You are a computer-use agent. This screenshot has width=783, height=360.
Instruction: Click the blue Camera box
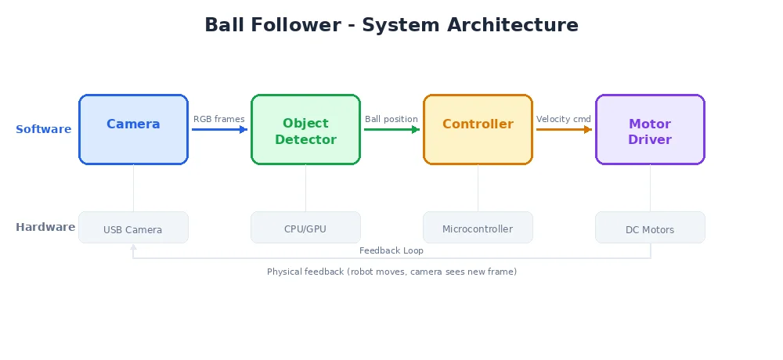(x=133, y=129)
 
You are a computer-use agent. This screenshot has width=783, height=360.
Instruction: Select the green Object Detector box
(x=305, y=130)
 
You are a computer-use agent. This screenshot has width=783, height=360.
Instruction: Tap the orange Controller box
(x=478, y=129)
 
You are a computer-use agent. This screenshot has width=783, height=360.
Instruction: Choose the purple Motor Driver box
(x=650, y=130)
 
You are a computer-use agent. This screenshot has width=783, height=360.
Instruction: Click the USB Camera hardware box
(x=133, y=228)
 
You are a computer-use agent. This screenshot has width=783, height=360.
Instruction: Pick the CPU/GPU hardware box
(x=305, y=228)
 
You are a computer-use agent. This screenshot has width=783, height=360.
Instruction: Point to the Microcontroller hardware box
(x=478, y=228)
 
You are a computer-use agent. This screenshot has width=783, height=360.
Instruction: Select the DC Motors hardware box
(x=650, y=228)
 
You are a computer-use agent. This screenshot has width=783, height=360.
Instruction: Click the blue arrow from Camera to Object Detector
(x=219, y=130)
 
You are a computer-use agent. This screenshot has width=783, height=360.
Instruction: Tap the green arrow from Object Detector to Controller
(x=391, y=130)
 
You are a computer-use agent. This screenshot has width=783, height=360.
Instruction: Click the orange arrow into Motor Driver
(x=564, y=130)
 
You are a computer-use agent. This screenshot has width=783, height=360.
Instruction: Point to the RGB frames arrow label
(x=219, y=119)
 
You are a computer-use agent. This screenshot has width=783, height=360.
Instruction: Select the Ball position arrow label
(x=391, y=119)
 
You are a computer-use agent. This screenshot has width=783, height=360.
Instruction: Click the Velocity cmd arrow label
(x=564, y=119)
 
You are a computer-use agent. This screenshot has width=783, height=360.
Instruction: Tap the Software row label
(x=44, y=129)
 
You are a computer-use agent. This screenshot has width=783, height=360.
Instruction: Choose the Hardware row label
(x=45, y=227)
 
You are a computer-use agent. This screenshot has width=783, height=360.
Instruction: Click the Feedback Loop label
(x=391, y=250)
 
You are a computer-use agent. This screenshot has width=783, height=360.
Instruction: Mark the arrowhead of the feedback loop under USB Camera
(x=133, y=247)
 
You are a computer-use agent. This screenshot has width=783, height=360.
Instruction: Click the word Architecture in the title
(x=513, y=25)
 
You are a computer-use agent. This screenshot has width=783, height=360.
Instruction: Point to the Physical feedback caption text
(x=391, y=272)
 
